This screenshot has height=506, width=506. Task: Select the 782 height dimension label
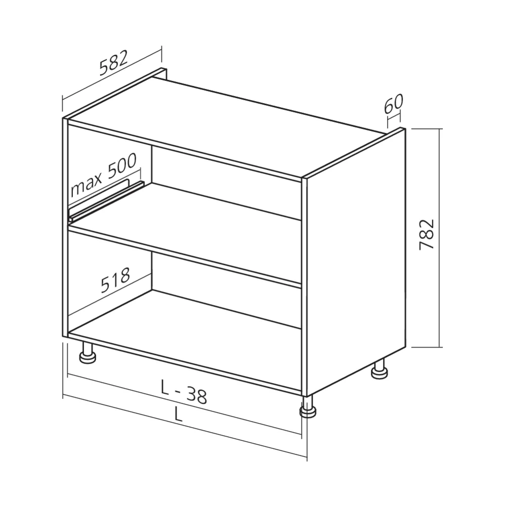pyautogui.click(x=427, y=234)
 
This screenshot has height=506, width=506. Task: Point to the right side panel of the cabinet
pyautogui.click(x=354, y=263)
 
